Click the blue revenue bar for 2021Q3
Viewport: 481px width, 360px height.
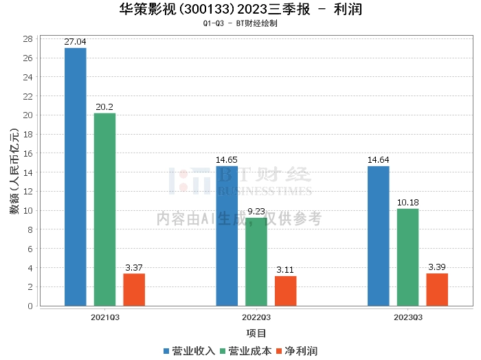(76, 177)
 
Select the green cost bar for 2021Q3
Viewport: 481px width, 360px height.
(104, 210)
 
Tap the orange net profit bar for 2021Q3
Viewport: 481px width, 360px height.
(134, 290)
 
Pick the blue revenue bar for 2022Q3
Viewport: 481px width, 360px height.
(227, 236)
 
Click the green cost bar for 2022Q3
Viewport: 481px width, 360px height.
(256, 262)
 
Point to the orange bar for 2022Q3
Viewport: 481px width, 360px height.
(286, 291)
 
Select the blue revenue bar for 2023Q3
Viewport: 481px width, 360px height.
(379, 236)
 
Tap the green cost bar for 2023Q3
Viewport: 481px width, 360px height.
(407, 257)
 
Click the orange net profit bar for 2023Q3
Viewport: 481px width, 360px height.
(437, 290)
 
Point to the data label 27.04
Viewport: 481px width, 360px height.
(75, 42)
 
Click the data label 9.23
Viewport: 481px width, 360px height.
(256, 212)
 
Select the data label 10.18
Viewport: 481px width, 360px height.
(408, 203)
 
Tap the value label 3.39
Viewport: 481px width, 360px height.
(437, 267)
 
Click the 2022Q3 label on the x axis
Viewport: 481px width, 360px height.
(256, 317)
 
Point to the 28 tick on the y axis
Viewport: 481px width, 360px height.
(28, 39)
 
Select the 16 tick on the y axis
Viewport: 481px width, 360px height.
(28, 154)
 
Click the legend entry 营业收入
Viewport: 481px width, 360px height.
(189, 351)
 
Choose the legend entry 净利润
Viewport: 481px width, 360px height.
(297, 351)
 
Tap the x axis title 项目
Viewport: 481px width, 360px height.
(256, 333)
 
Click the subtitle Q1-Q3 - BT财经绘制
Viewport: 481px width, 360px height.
(240, 23)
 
